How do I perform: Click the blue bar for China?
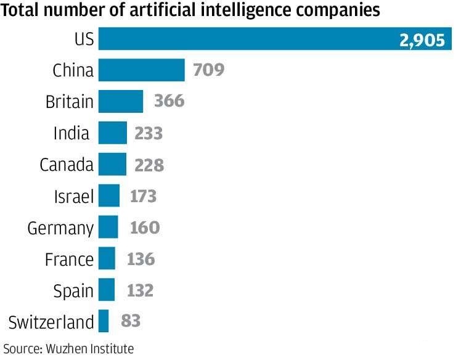(141, 70)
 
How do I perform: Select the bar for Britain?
(120, 101)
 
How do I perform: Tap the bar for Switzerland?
(104, 321)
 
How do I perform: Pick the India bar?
(112, 133)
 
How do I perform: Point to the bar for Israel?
(108, 195)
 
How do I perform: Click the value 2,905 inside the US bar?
(422, 41)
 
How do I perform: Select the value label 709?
(208, 70)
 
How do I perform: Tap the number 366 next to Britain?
(169, 101)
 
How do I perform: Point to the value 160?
(145, 227)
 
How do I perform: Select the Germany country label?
(60, 229)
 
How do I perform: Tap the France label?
(69, 259)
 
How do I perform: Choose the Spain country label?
(73, 291)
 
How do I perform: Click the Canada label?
(67, 165)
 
